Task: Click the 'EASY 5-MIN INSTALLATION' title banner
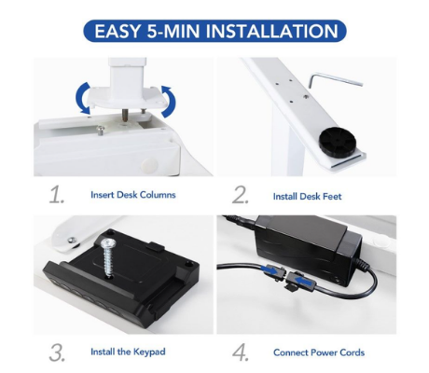click(x=214, y=31)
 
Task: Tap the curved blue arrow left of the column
click(x=79, y=98)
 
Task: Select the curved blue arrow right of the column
click(x=170, y=102)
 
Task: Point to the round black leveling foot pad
click(x=338, y=144)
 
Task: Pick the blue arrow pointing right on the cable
click(x=270, y=270)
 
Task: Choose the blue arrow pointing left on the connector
click(x=304, y=281)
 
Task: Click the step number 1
click(x=57, y=195)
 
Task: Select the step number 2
click(x=241, y=195)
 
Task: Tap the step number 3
click(x=57, y=352)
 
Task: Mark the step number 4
click(x=241, y=352)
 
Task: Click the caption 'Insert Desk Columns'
click(x=133, y=195)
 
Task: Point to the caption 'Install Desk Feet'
click(x=307, y=197)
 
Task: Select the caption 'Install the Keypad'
click(x=128, y=352)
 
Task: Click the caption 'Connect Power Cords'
click(x=319, y=352)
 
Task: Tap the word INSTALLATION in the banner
click(x=272, y=31)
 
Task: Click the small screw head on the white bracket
click(x=72, y=240)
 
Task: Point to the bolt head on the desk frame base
click(x=100, y=130)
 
